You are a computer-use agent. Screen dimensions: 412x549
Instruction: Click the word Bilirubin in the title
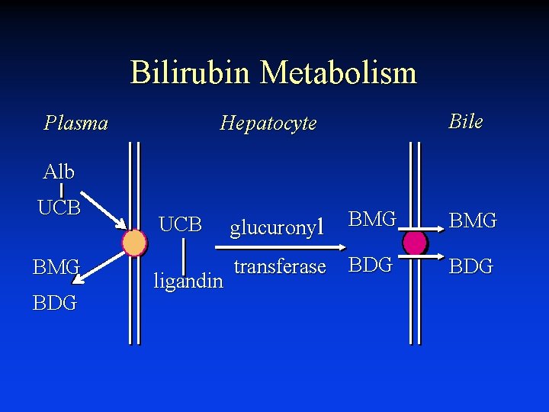(x=191, y=72)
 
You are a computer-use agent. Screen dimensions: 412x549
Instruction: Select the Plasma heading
(x=75, y=123)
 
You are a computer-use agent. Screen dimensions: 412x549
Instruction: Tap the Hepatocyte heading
(x=268, y=123)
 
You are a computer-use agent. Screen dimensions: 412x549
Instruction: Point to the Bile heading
(x=465, y=121)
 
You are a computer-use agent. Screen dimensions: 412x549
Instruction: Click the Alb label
(x=59, y=172)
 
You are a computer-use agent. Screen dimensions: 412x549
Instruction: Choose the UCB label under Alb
(x=59, y=208)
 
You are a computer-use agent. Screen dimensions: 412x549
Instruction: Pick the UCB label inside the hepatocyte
(x=180, y=224)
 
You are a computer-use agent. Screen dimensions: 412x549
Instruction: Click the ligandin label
(x=188, y=281)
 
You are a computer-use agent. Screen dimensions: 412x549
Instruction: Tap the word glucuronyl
(x=278, y=227)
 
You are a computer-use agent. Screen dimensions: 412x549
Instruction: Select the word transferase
(x=280, y=266)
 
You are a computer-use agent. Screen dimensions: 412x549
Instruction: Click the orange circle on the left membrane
(x=134, y=243)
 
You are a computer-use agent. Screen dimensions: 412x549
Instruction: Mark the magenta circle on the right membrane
(x=415, y=243)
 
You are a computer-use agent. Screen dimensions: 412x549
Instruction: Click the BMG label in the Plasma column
(x=56, y=268)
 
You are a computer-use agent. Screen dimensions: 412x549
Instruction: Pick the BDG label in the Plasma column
(x=54, y=303)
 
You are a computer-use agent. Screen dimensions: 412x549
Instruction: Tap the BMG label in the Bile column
(x=473, y=221)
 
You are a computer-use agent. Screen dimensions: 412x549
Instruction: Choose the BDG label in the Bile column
(x=470, y=266)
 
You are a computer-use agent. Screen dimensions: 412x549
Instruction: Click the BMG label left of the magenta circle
(x=372, y=220)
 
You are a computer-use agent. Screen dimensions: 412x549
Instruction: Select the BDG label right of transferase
(x=370, y=265)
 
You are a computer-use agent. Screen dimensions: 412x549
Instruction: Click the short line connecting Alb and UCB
(x=61, y=189)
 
